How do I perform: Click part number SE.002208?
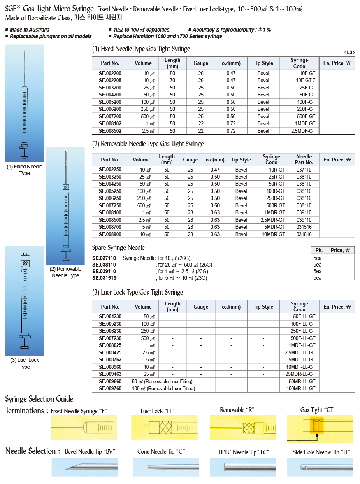point(110,80)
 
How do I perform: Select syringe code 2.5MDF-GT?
point(303,131)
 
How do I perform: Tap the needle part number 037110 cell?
point(304,170)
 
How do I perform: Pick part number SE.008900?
point(110,234)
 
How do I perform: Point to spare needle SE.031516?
point(104,278)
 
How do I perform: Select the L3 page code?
point(349,53)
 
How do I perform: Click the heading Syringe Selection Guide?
point(39,399)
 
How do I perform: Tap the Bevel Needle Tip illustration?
point(84,467)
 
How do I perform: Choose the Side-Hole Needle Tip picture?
point(320,467)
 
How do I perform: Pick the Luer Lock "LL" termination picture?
point(164,427)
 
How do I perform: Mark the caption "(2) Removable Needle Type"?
point(65,272)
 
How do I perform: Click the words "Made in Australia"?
point(30,30)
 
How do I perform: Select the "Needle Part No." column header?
point(304,160)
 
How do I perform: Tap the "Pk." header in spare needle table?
point(319,250)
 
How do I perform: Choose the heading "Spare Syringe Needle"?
point(118,247)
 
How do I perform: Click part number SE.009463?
point(110,374)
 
